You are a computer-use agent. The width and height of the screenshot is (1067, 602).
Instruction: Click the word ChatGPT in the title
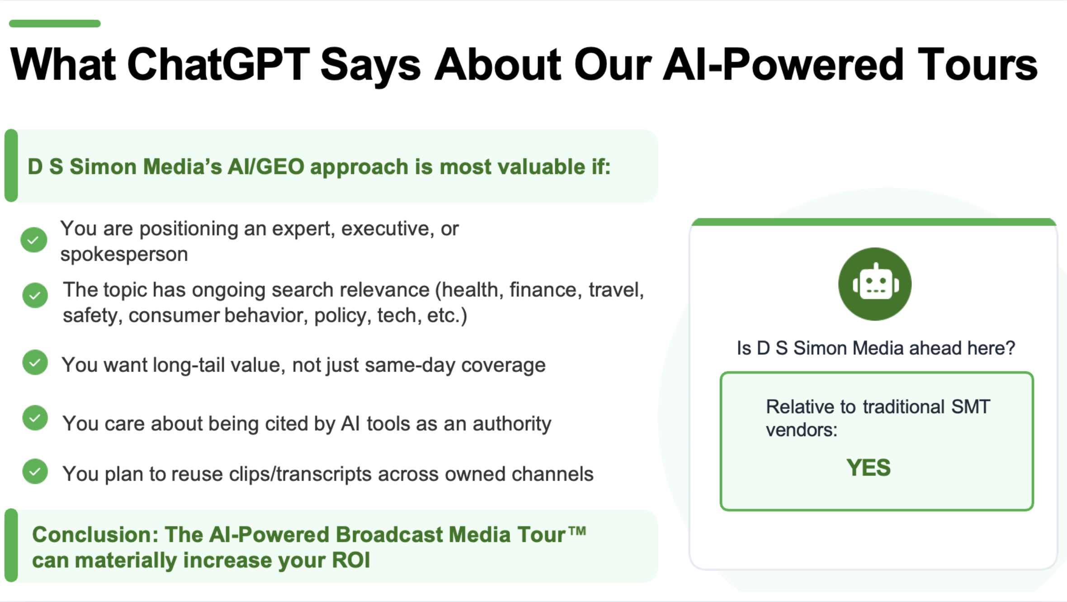coord(219,65)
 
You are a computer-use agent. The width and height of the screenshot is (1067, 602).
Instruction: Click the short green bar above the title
coord(55,24)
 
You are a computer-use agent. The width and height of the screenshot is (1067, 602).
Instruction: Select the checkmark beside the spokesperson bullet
coord(34,240)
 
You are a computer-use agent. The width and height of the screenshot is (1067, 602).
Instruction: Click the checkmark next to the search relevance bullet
coord(35,295)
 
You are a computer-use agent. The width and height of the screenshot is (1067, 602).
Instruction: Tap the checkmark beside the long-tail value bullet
coord(35,362)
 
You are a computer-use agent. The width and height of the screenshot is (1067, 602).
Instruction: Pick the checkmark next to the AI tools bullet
coord(35,418)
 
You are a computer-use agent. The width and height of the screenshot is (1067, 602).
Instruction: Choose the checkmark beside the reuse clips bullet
coord(35,471)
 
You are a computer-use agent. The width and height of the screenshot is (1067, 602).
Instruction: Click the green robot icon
coord(875,284)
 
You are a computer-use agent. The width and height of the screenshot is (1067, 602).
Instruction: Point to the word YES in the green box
coord(869,467)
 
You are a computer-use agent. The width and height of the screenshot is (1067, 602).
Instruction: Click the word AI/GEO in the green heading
coord(266,167)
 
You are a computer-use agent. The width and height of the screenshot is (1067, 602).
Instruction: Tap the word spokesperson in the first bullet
coord(124,254)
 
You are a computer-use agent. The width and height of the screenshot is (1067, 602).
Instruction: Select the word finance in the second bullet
coord(546,290)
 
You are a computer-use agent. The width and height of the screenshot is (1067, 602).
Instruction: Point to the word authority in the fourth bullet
coord(512,424)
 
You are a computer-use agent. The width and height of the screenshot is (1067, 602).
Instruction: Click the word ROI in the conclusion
coord(351,560)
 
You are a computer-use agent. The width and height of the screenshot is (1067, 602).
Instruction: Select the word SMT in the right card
coord(971,407)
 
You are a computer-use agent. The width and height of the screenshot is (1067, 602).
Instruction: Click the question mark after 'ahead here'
coord(1010,348)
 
